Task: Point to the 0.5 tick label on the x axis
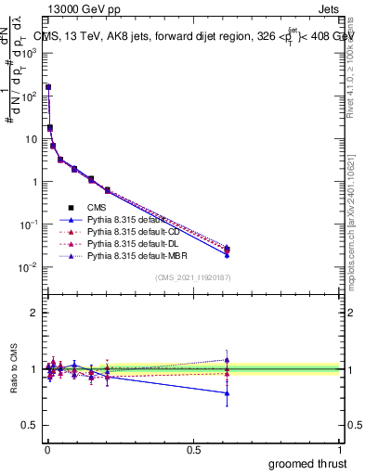pos(193,449)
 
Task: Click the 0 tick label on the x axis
pos(46,449)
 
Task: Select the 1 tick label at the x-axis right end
pos(340,449)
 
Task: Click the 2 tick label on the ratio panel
pos(33,313)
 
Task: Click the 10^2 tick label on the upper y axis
pos(30,96)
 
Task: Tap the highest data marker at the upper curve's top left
pos(48,87)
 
